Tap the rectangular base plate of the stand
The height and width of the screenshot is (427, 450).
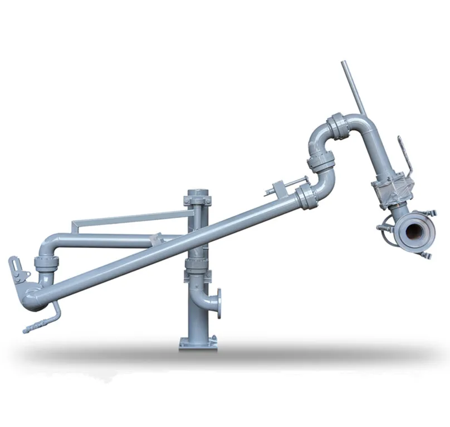198,342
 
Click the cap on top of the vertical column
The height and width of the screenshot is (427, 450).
198,192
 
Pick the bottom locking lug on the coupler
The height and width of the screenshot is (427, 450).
425,254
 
